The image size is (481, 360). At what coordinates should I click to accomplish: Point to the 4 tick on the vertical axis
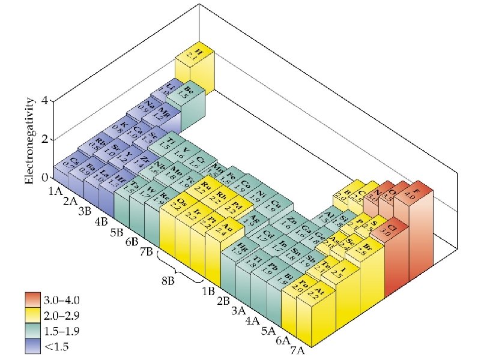(43, 101)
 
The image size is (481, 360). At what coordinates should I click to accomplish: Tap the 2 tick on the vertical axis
(43, 139)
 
